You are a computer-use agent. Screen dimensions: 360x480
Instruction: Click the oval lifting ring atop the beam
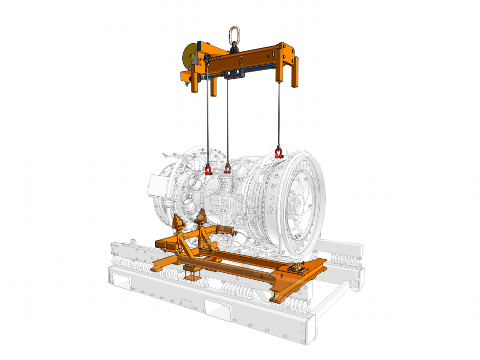pos(234,35)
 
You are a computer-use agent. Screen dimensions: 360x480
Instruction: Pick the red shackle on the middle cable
pos(227,169)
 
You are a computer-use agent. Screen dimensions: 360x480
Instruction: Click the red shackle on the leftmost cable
pos(208,170)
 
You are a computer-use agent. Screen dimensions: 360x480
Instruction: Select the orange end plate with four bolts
pos(285,51)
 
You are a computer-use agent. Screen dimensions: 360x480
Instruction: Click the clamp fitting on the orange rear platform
pos(298,267)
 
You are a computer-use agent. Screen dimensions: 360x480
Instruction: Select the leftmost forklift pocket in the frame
pos(120,280)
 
